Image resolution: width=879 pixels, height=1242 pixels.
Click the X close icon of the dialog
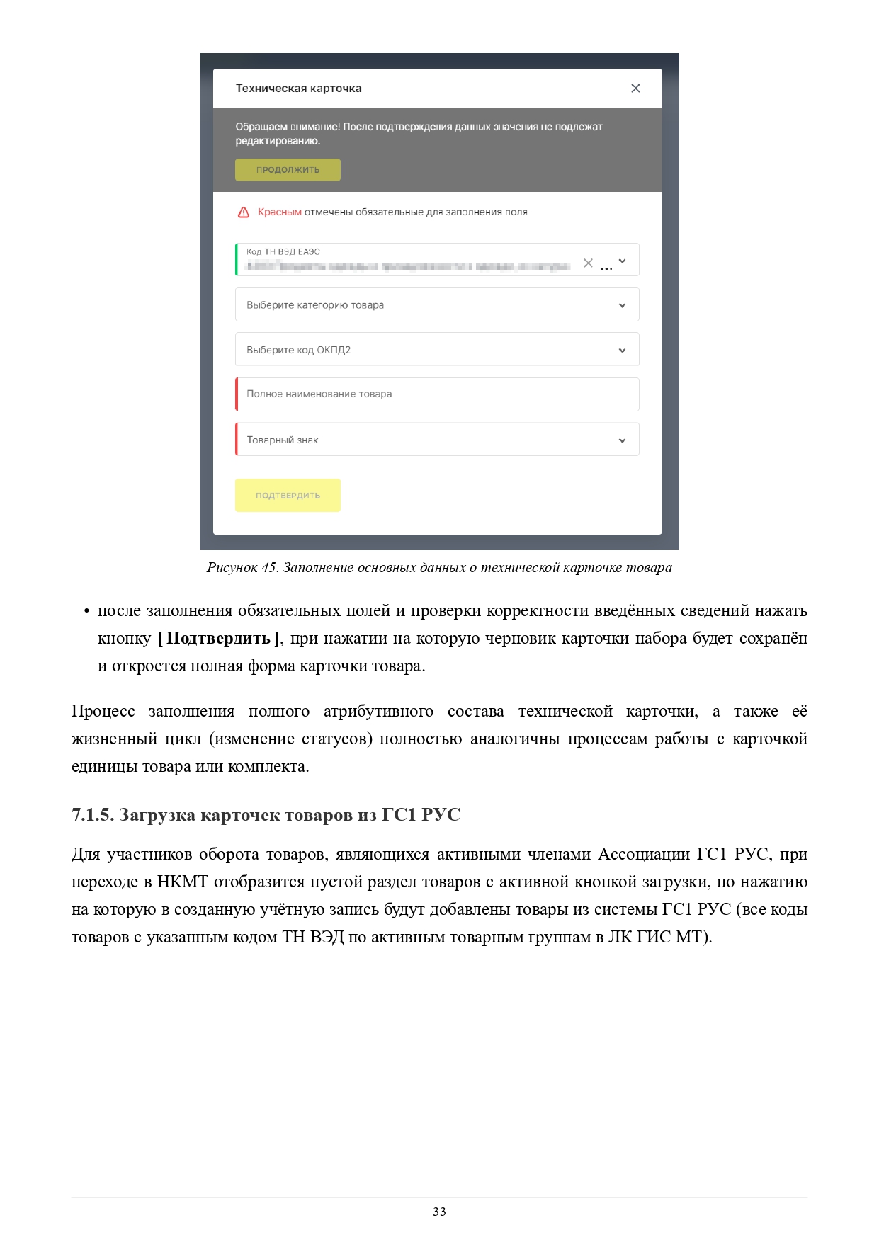(x=635, y=88)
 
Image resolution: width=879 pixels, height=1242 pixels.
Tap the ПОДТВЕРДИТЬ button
(x=288, y=495)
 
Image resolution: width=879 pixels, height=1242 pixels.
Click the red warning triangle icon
(x=244, y=212)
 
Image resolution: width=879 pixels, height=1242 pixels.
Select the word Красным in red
(x=279, y=212)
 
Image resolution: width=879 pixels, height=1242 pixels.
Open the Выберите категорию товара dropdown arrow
(x=622, y=305)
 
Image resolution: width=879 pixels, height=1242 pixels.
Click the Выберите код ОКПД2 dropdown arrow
(x=622, y=350)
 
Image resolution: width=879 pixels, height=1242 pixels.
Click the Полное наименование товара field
(x=437, y=394)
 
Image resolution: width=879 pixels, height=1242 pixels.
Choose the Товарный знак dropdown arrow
(x=622, y=440)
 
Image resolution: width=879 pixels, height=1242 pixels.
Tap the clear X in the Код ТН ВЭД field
(x=588, y=263)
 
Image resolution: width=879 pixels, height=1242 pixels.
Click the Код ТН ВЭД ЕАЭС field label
(x=283, y=251)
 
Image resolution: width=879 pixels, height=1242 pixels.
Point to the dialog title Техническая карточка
(x=298, y=89)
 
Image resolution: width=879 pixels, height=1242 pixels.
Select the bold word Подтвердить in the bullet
(x=218, y=638)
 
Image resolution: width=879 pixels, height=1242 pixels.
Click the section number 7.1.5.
(x=92, y=814)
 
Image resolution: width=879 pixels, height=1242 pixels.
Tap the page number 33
(x=439, y=1212)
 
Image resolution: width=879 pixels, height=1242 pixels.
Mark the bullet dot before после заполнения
(x=86, y=611)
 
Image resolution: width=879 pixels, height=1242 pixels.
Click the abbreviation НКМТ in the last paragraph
(x=182, y=882)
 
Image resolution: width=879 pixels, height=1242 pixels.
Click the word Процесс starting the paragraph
(x=103, y=711)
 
